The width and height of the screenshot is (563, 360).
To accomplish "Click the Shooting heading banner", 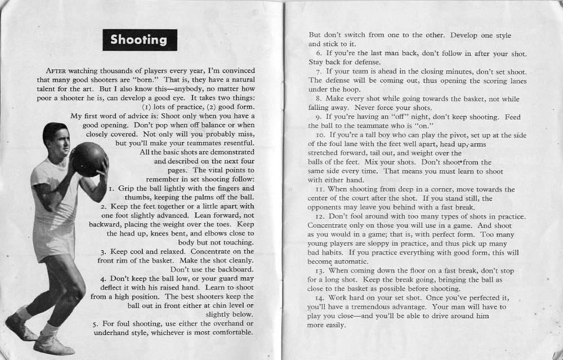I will click(x=139, y=40).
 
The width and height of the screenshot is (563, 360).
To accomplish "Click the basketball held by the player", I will click(x=89, y=159).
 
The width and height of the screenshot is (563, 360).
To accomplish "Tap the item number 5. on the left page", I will click(x=96, y=323).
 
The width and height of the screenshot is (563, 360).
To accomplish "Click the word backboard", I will click(x=234, y=269).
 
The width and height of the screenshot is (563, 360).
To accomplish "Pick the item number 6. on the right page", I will click(x=319, y=53).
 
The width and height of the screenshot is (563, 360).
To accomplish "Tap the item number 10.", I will click(x=320, y=135).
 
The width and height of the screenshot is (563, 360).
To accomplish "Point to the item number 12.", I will click(x=320, y=216).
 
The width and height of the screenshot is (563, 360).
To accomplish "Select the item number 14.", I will click(x=320, y=297).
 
